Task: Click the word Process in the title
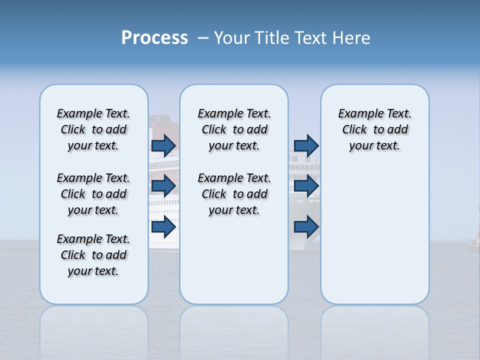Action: click(154, 38)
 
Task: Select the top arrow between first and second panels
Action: click(163, 145)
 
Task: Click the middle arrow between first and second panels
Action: click(163, 186)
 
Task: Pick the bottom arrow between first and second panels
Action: click(163, 227)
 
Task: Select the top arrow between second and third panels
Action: click(306, 145)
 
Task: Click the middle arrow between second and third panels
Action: click(306, 186)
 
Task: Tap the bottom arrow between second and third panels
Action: click(306, 227)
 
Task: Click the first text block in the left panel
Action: click(93, 129)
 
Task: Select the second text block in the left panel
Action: click(93, 194)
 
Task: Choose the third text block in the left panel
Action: click(93, 255)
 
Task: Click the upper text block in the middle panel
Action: click(234, 129)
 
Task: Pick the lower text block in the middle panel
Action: click(234, 194)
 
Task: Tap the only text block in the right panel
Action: click(374, 129)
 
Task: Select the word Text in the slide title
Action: click(311, 38)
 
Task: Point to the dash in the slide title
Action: click(203, 38)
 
